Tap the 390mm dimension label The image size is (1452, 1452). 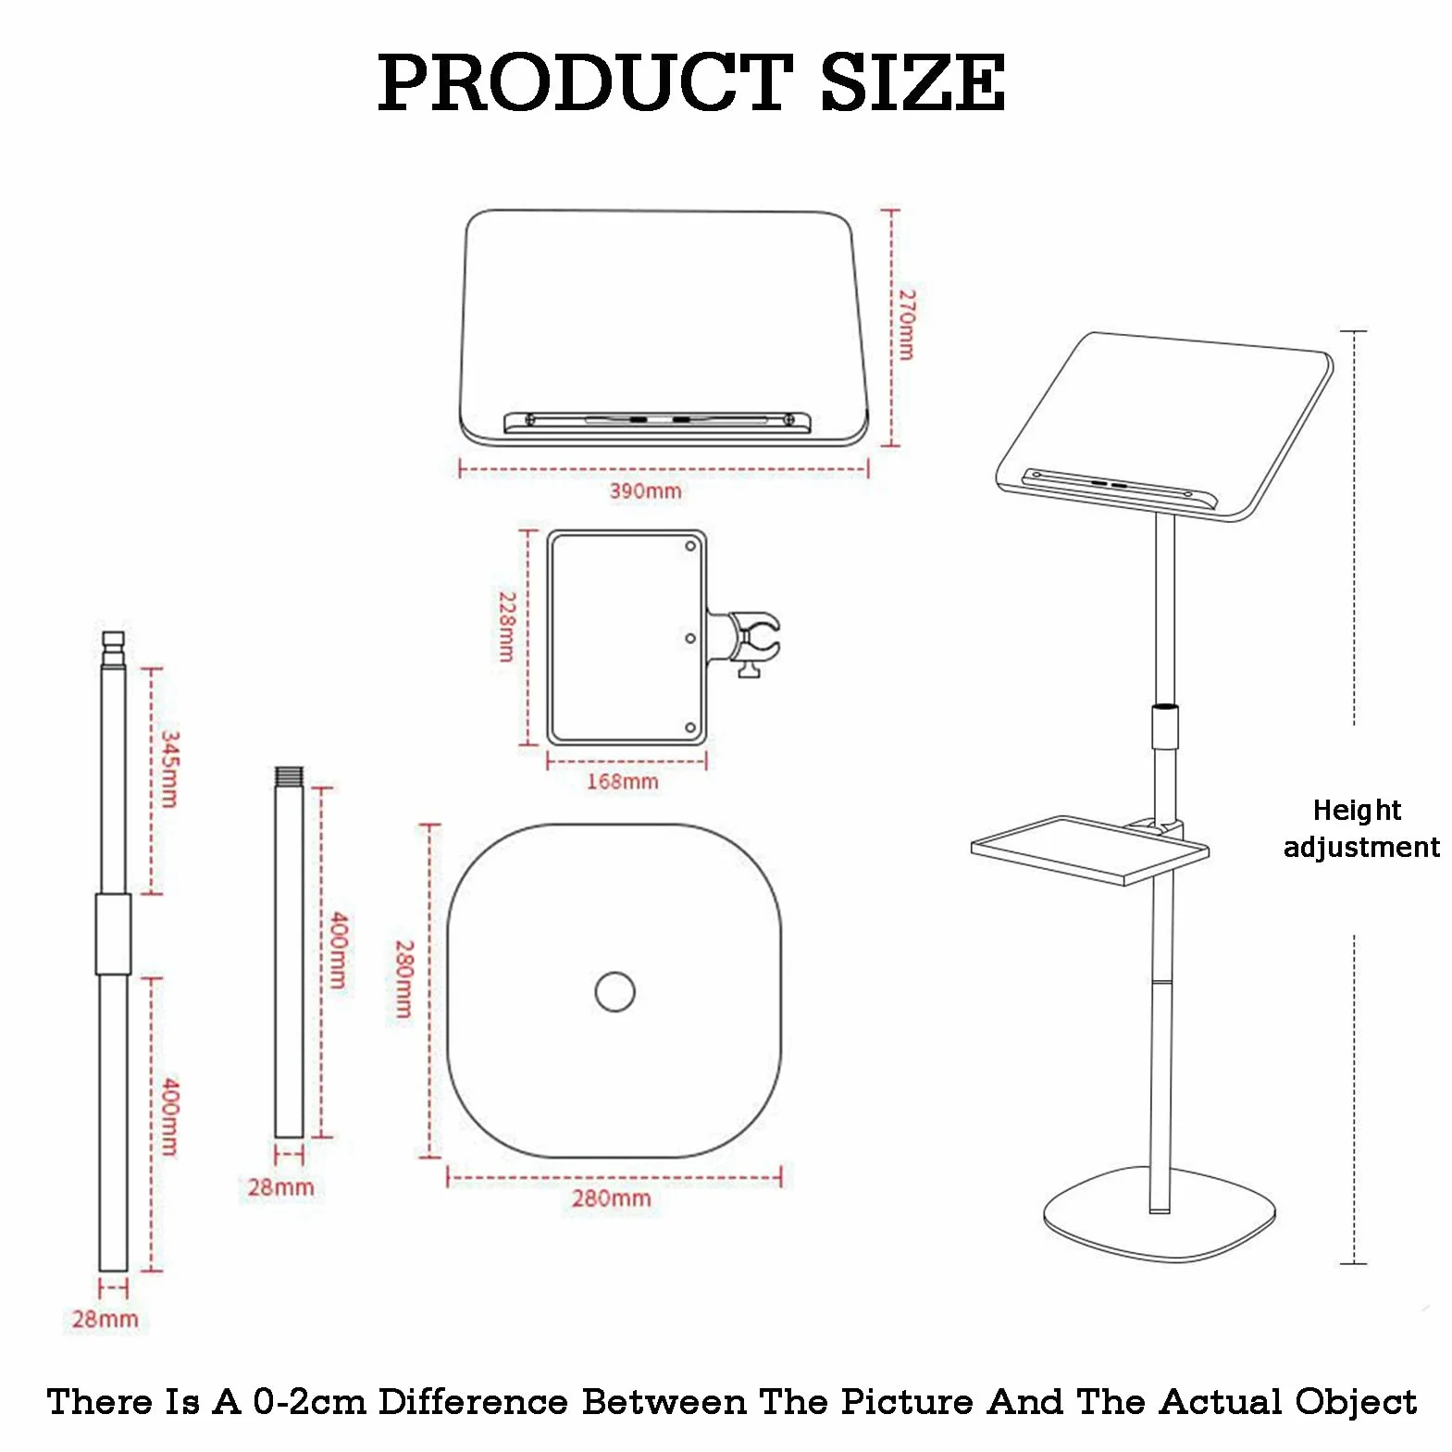click(x=645, y=490)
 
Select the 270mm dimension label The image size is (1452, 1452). click(x=907, y=325)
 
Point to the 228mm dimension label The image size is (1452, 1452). click(x=507, y=627)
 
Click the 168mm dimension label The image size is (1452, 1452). click(x=623, y=781)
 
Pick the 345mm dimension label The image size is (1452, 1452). click(x=170, y=769)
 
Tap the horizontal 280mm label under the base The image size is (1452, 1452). click(x=612, y=1198)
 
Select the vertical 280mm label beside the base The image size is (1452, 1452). click(x=404, y=979)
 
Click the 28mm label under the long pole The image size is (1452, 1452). click(x=105, y=1319)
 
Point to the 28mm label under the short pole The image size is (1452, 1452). click(x=281, y=1187)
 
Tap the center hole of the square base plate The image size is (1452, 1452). click(x=615, y=992)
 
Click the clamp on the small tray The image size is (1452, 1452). click(x=745, y=639)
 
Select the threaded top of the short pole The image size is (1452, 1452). click(x=290, y=776)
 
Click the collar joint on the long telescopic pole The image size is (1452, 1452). click(x=113, y=934)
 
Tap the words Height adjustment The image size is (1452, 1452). click(x=1361, y=829)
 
